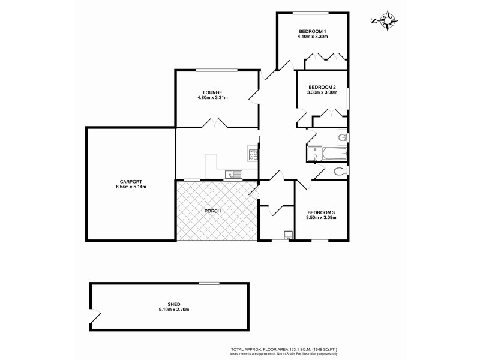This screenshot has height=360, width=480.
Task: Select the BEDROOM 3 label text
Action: [321, 212]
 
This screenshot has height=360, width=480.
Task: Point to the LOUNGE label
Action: [212, 92]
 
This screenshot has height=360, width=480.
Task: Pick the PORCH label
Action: [212, 211]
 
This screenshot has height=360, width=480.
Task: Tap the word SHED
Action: [174, 304]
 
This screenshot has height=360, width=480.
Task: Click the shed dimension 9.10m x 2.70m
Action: [174, 310]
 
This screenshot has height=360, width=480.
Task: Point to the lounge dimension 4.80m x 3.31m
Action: [212, 97]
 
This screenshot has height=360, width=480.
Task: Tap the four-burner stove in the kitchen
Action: [253, 154]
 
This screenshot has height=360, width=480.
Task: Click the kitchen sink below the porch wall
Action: [233, 175]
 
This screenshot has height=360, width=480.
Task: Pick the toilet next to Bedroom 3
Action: [340, 172]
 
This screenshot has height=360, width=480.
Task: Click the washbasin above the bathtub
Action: [341, 139]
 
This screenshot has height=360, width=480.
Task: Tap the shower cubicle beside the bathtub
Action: [313, 155]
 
